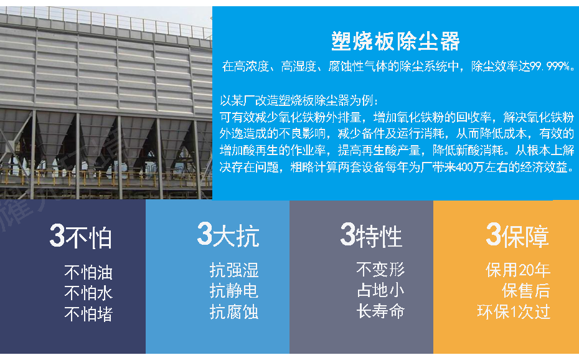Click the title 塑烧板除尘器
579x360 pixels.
tap(395, 41)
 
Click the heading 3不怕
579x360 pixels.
tap(81, 237)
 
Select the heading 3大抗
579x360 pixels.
tap(228, 236)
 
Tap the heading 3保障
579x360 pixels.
tap(517, 236)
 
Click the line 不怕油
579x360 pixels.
tap(88, 272)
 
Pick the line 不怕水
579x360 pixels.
tap(88, 293)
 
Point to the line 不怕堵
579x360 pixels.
tap(88, 313)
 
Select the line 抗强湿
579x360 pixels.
tap(234, 270)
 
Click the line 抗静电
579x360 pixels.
tap(234, 291)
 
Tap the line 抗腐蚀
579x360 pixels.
tap(234, 311)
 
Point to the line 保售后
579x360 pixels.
tap(526, 291)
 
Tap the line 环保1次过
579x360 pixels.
tap(514, 311)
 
